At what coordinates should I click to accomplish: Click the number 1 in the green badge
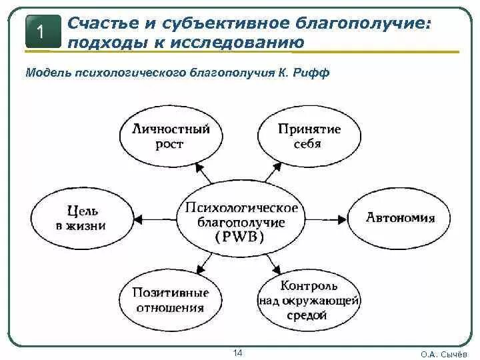tap(41, 32)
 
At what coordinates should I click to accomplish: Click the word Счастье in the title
tap(105, 24)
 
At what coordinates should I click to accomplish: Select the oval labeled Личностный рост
tap(171, 136)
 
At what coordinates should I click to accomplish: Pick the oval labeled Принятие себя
tap(309, 136)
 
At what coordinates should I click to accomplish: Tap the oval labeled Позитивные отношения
tap(171, 300)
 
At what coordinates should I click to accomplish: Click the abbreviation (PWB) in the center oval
tap(240, 237)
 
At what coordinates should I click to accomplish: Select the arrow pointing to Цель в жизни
tap(153, 218)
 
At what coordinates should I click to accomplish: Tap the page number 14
tap(237, 352)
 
